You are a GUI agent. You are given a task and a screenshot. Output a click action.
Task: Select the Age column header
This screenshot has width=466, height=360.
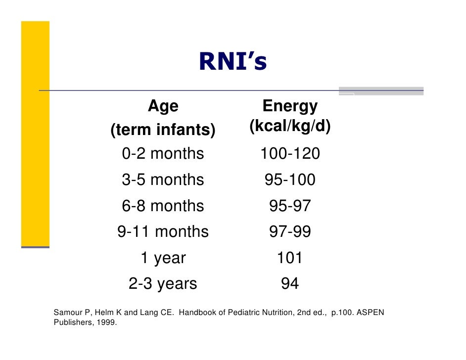(x=163, y=106)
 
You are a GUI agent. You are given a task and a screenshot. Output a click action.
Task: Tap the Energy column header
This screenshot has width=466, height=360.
(x=290, y=106)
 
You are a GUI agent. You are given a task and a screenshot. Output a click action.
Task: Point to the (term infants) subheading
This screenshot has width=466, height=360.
(x=163, y=131)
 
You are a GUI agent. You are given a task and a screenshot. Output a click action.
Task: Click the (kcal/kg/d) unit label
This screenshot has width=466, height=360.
(x=290, y=127)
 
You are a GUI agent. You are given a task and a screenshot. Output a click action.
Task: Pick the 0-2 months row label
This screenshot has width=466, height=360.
(x=163, y=154)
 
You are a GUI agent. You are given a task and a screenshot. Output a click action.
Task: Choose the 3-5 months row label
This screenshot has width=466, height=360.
(x=163, y=180)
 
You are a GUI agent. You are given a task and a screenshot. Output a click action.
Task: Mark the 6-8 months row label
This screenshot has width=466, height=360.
(x=163, y=206)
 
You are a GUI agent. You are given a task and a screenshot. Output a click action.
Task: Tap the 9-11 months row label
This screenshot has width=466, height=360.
(x=163, y=231)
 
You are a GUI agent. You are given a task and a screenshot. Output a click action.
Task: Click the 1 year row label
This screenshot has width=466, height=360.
(x=163, y=258)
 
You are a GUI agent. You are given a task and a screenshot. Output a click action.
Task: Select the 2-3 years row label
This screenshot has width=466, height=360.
(x=163, y=284)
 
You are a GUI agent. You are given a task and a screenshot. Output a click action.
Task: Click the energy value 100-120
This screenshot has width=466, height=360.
(x=290, y=154)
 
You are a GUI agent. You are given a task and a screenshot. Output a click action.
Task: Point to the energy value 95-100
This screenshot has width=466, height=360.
(x=290, y=180)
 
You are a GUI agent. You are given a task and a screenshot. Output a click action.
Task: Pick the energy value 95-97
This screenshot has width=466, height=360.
(x=290, y=206)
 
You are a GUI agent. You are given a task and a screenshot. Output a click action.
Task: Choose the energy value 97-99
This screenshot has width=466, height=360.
(x=290, y=231)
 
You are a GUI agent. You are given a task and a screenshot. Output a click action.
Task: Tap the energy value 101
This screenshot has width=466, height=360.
(x=290, y=258)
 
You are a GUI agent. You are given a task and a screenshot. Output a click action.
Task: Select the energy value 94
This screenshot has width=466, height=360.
(x=290, y=284)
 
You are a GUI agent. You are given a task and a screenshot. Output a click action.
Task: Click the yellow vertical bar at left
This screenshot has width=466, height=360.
(x=35, y=134)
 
